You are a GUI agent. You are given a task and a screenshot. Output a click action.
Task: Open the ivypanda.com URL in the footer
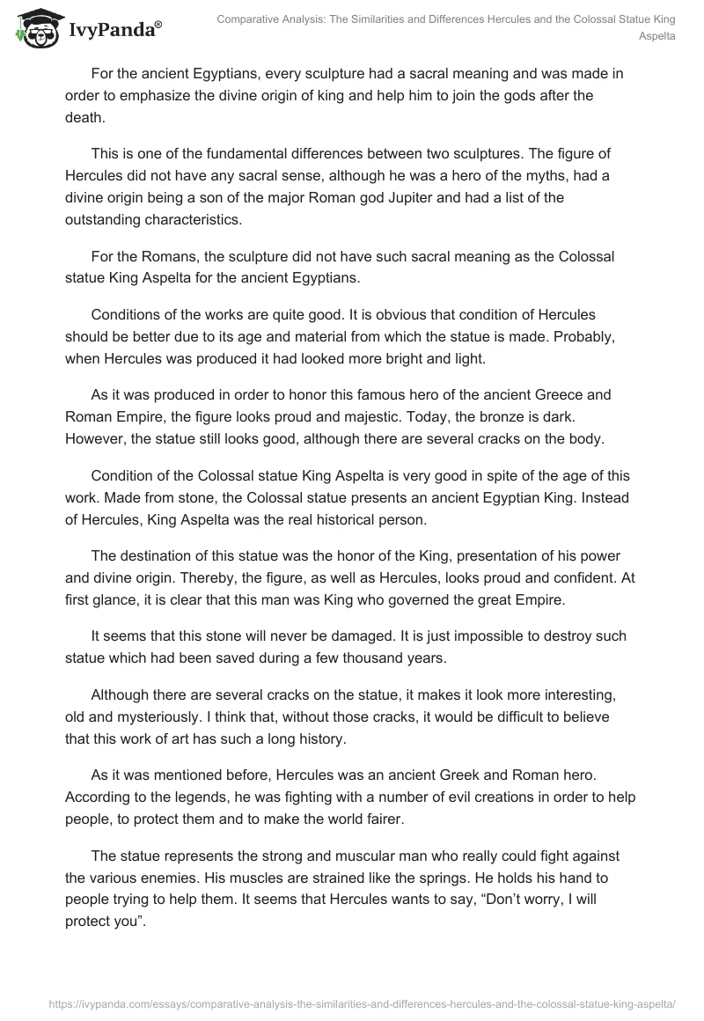pyautogui.click(x=351, y=1003)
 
